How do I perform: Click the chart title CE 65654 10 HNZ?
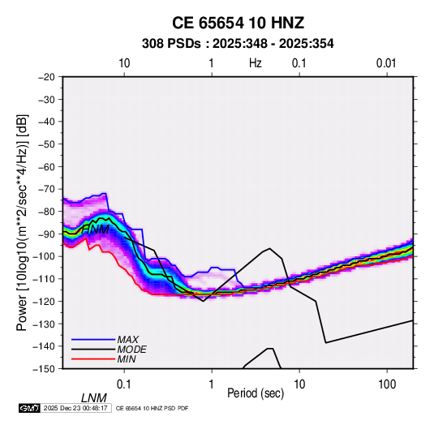[238, 23]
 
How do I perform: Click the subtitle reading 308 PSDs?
[171, 44]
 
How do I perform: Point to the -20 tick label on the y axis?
[46, 77]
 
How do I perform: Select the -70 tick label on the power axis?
[46, 189]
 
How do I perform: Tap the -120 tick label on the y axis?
[44, 301]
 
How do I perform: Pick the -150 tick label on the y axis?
[44, 369]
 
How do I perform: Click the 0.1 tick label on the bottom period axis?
[124, 384]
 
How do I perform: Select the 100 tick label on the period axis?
[387, 384]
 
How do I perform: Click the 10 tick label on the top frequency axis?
[124, 63]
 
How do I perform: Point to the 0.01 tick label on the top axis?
[386, 63]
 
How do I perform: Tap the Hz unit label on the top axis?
[256, 63]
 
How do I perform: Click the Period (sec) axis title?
[256, 393]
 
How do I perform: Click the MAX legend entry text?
[128, 340]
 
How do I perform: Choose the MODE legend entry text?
[131, 350]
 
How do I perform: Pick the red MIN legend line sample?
[93, 359]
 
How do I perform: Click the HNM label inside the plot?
[96, 230]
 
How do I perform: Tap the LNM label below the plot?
[93, 398]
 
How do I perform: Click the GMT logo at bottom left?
[29, 408]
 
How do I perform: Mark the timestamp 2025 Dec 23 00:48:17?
[75, 408]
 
